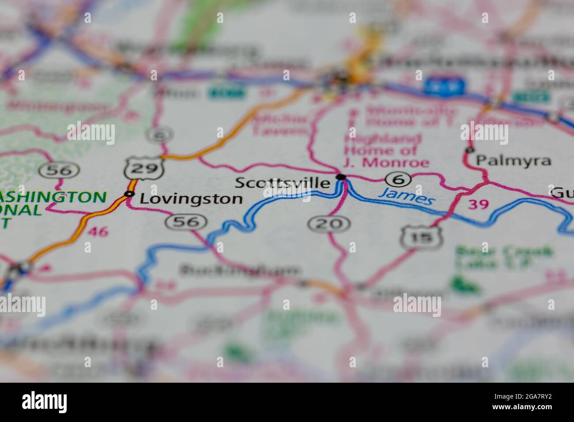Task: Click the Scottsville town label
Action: coord(283,183)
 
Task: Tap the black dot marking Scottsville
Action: coord(341,177)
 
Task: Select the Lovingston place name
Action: coord(191,199)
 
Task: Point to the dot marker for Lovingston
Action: coord(129,194)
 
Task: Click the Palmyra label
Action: coord(514,161)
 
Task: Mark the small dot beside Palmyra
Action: coord(469,151)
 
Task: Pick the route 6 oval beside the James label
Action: coord(398,179)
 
